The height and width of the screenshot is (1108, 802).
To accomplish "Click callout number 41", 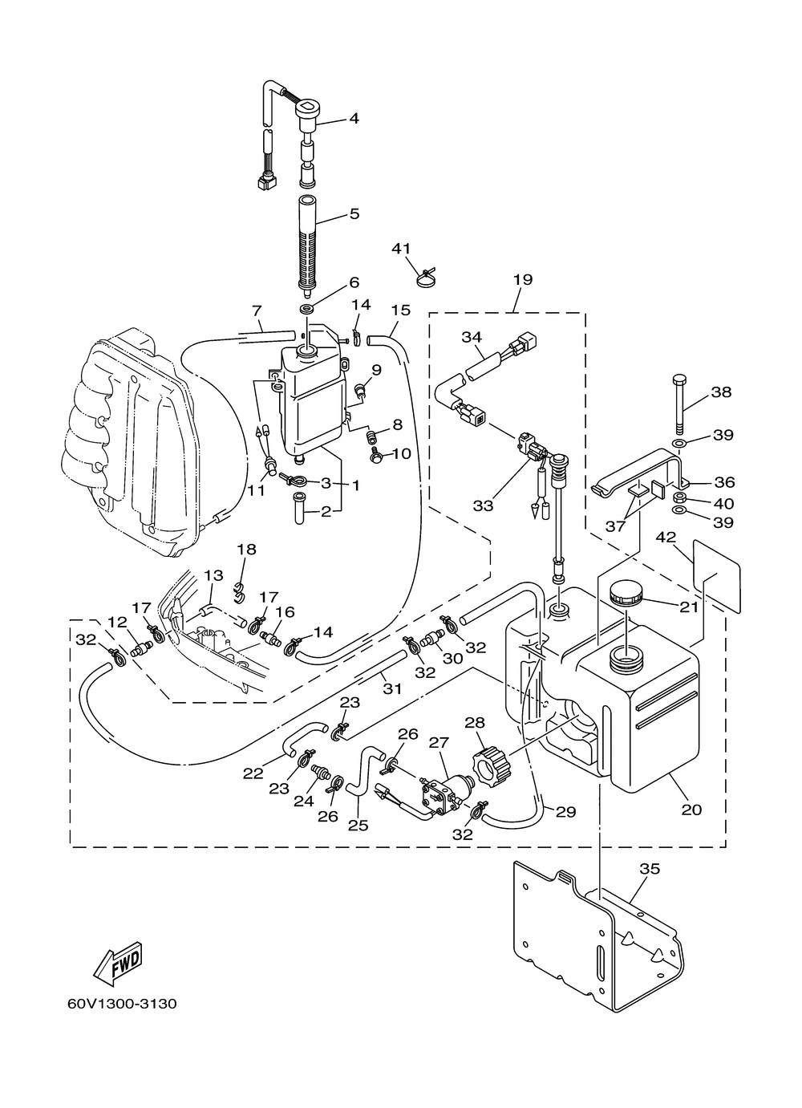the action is [401, 248].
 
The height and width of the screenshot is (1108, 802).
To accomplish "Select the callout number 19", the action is [523, 279].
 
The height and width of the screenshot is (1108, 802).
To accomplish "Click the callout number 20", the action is [692, 810].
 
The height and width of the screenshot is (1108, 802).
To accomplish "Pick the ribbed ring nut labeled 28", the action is [492, 772].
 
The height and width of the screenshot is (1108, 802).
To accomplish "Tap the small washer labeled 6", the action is [307, 310].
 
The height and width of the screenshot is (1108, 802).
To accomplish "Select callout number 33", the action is [483, 506].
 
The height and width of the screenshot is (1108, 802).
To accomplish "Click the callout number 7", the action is [256, 311].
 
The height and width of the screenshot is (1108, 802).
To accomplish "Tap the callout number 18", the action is [246, 549].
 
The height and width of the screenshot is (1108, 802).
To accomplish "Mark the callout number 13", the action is [213, 575].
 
